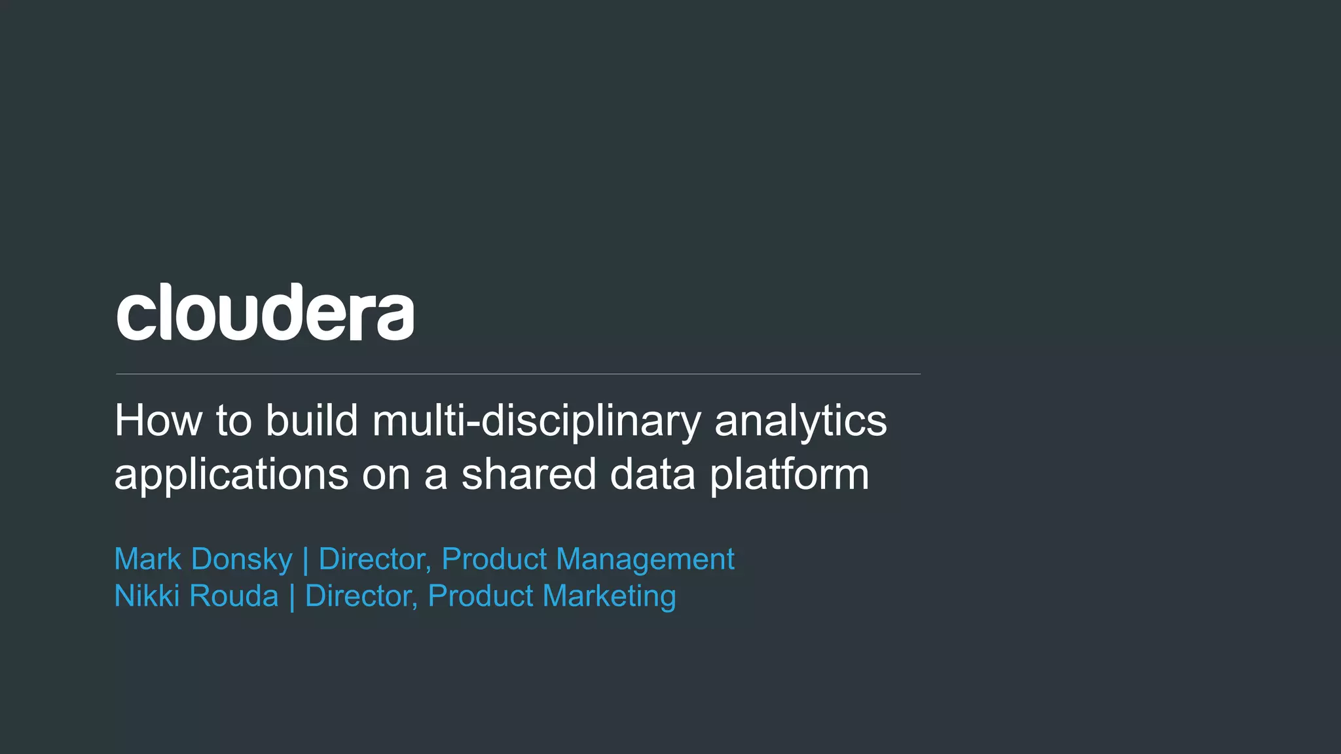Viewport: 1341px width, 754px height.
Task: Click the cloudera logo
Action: [265, 312]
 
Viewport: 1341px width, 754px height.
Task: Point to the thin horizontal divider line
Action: [517, 374]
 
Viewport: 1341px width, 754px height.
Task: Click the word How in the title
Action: [158, 420]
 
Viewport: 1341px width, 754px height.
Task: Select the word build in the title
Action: [312, 420]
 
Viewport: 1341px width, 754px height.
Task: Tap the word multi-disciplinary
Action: [537, 422]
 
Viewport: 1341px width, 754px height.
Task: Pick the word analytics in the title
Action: [800, 422]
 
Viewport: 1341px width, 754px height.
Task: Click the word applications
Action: [231, 475]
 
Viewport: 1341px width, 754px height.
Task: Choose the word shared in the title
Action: [528, 474]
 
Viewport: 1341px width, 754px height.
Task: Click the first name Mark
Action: [147, 559]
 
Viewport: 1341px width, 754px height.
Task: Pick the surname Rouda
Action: [234, 596]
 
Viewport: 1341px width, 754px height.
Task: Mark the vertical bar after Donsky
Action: [305, 560]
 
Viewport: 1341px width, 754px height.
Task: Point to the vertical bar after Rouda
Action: [291, 598]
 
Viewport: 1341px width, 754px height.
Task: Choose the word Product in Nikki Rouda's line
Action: [481, 596]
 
